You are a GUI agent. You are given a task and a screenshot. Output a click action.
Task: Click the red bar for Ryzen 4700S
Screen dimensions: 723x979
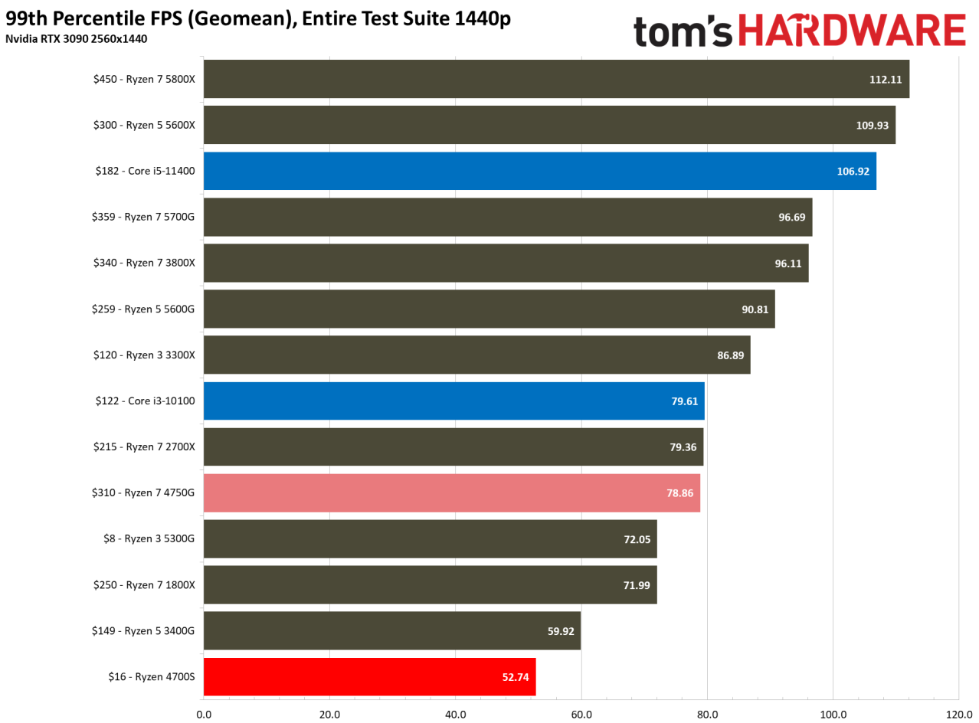coord(369,676)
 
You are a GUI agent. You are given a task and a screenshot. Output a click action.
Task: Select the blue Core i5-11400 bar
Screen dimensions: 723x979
coord(539,171)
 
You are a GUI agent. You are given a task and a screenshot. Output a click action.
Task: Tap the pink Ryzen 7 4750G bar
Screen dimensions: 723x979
coord(451,492)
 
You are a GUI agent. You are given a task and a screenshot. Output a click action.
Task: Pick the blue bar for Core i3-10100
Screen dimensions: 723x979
coord(453,401)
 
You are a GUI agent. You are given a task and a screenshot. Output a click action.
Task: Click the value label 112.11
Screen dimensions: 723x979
coord(885,80)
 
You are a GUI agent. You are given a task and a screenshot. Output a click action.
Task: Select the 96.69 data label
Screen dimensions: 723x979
coord(791,218)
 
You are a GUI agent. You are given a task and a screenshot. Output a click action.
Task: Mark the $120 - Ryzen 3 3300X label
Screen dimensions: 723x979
coord(145,355)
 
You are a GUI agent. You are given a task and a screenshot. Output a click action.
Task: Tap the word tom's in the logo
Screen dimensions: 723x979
coord(682,31)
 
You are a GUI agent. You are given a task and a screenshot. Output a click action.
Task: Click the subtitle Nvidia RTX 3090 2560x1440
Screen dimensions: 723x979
coord(77,38)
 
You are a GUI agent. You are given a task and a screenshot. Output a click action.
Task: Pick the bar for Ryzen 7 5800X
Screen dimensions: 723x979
coord(556,79)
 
